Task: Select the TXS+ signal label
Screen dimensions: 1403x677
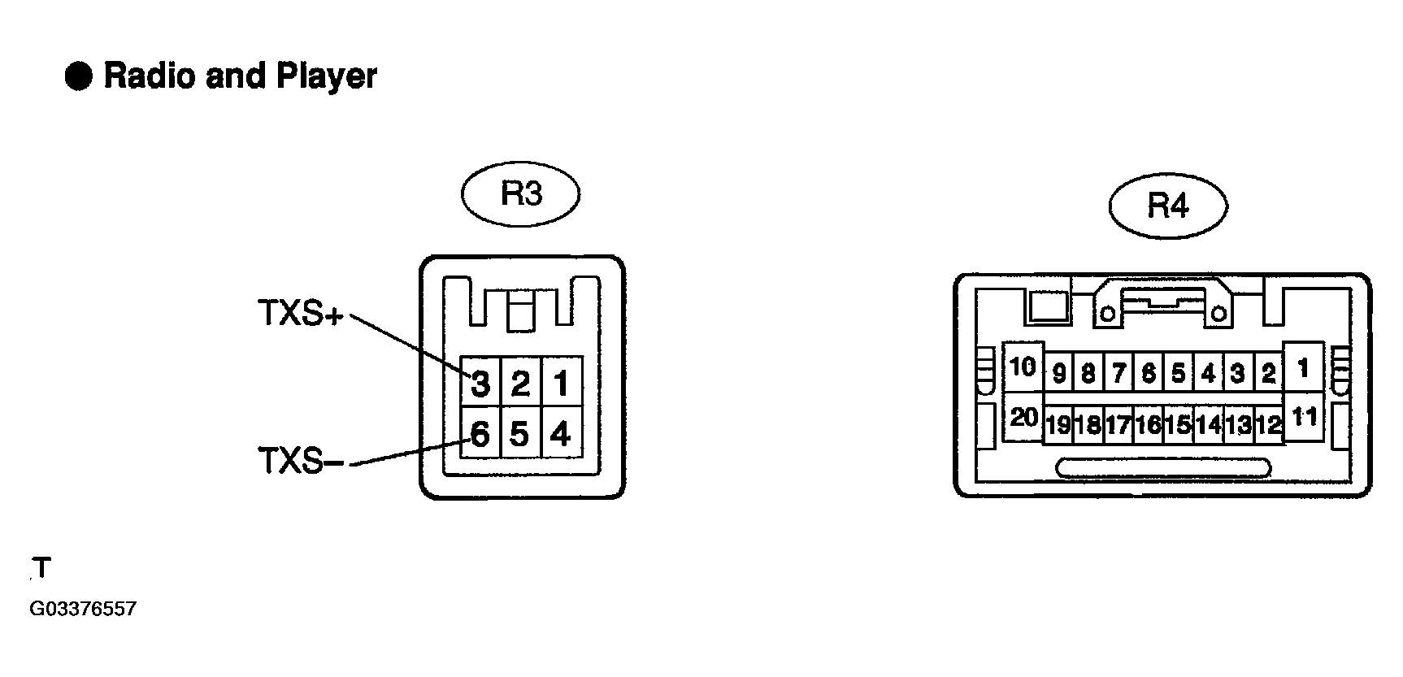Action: pos(301,314)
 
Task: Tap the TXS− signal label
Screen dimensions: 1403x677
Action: pos(301,461)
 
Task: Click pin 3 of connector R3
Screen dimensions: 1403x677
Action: pos(480,382)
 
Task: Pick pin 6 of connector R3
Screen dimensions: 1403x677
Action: pos(480,434)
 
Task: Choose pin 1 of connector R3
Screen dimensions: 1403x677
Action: pos(560,382)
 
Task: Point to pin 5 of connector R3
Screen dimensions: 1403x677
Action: pos(520,434)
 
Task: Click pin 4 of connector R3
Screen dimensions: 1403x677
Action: pos(560,434)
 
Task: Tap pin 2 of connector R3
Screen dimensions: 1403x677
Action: pos(520,382)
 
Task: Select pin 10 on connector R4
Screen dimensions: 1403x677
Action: pos(1023,367)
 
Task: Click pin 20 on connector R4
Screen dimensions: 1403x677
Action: pos(1023,418)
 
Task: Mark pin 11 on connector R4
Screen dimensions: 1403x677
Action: pos(1303,417)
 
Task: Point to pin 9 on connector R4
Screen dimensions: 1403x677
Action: pos(1058,374)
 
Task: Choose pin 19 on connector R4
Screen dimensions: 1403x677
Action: pos(1058,423)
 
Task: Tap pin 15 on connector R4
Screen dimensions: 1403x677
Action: pos(1178,423)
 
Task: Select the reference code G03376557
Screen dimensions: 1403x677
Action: pos(82,610)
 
